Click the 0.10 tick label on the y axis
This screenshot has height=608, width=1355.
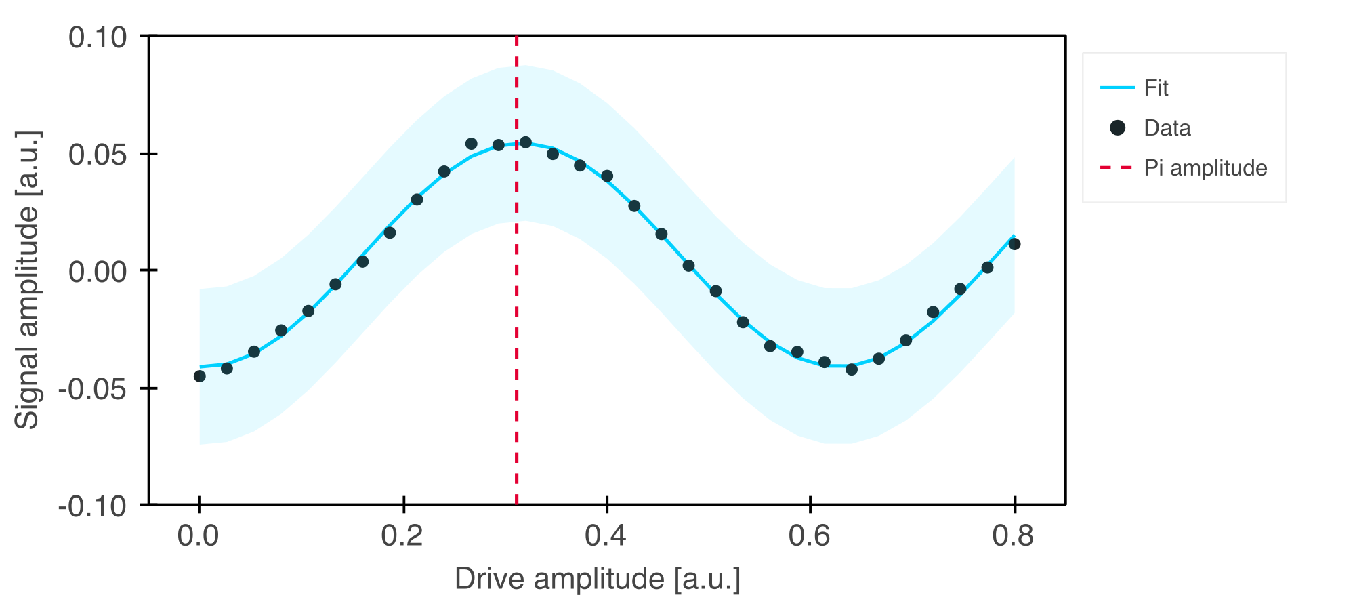click(98, 37)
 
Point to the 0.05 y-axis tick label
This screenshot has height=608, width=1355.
click(98, 155)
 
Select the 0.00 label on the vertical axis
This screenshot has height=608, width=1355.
click(98, 272)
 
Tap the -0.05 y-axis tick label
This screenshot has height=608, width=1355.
click(93, 389)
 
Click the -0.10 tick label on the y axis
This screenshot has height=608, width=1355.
click(93, 506)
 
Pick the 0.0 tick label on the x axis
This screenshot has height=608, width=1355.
click(199, 536)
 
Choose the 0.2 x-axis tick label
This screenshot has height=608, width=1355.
click(402, 536)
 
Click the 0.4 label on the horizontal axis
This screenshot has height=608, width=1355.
click(606, 536)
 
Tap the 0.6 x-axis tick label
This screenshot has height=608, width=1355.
click(810, 536)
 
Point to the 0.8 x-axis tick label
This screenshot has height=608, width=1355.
click(1014, 536)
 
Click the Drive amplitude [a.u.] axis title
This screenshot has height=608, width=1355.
click(598, 580)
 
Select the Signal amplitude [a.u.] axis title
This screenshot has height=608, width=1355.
click(28, 280)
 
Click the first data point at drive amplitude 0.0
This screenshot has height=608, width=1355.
click(200, 376)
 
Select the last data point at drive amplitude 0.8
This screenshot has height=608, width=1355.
click(1014, 244)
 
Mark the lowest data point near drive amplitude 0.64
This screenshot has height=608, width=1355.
click(852, 369)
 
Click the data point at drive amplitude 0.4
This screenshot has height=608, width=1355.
click(607, 176)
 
